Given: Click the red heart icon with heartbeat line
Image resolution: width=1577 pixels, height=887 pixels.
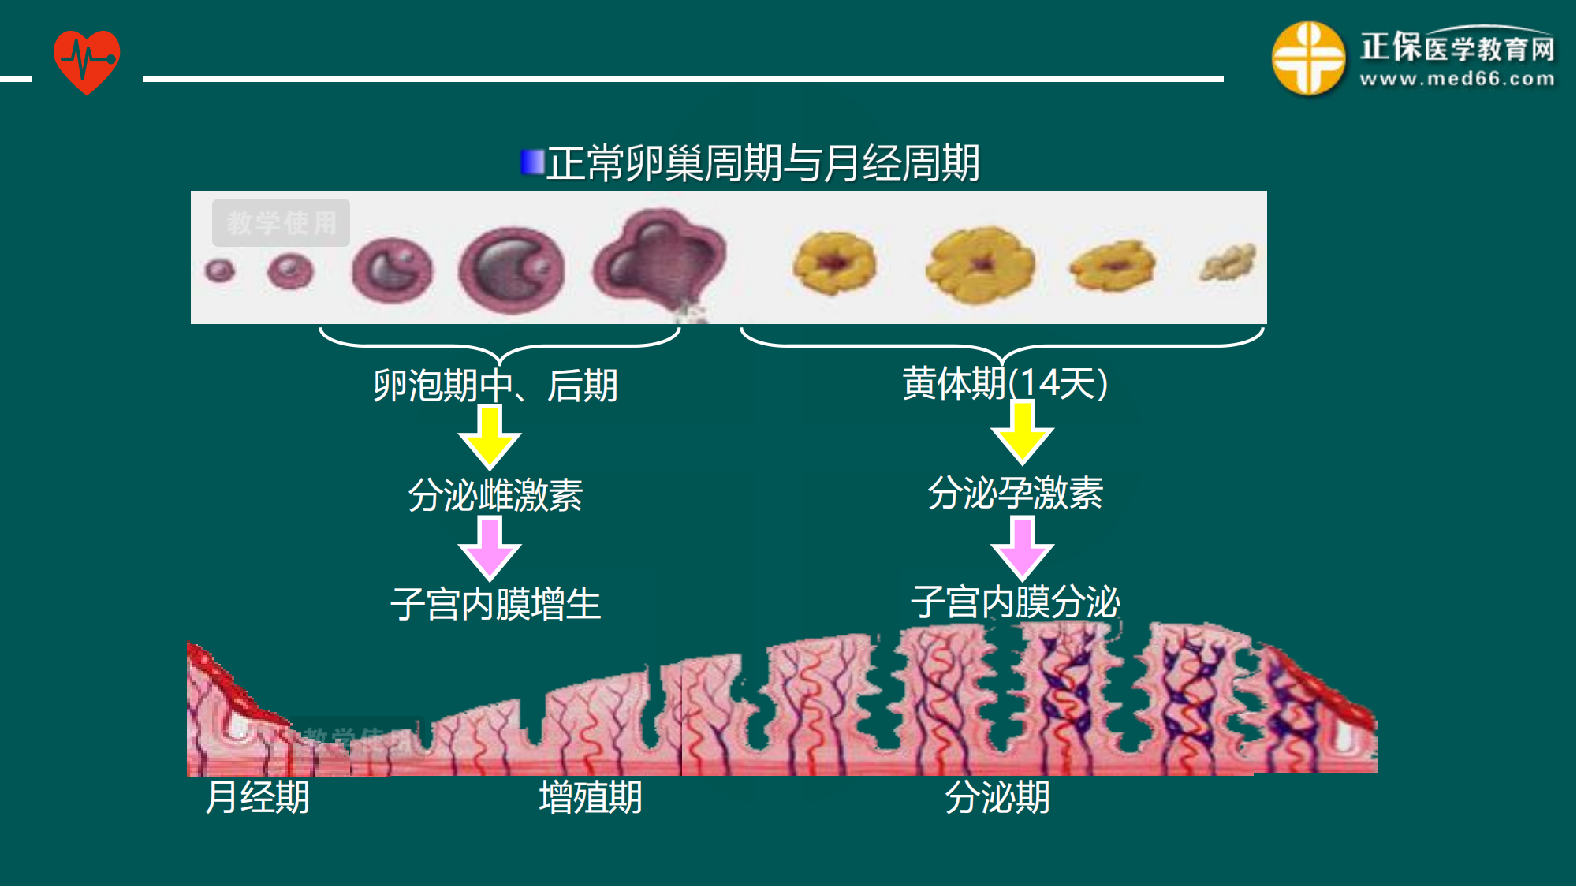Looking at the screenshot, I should [87, 61].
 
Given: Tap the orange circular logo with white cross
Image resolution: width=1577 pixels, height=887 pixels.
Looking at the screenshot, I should [1308, 58].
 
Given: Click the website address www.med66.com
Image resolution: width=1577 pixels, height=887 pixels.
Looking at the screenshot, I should [1457, 79].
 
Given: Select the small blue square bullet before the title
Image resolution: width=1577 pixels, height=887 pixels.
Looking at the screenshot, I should [532, 162].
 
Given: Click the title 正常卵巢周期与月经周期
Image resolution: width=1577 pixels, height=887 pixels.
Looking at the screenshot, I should [762, 163].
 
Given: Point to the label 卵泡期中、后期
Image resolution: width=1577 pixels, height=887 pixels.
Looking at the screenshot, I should [495, 386].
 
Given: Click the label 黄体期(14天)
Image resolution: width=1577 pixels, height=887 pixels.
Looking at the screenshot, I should [1005, 383].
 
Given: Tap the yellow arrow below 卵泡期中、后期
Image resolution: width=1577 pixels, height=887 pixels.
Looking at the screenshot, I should [490, 438].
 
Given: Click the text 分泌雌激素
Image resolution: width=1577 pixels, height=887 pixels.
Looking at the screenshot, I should [495, 495].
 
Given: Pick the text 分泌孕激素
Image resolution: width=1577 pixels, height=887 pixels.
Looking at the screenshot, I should [1015, 493].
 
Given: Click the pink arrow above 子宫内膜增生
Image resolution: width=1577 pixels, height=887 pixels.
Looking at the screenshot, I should [490, 548].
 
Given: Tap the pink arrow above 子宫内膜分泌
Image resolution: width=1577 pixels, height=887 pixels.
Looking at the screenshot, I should [1023, 548].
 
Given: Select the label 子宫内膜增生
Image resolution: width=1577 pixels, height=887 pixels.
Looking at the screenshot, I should [495, 604].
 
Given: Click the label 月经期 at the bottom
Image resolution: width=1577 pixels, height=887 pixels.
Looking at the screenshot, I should [257, 796].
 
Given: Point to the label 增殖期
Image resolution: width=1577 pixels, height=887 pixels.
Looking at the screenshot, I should [590, 796].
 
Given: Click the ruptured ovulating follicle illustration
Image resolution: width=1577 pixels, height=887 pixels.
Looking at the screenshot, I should [661, 260].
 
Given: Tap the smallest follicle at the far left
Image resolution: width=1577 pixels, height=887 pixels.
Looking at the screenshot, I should [219, 270].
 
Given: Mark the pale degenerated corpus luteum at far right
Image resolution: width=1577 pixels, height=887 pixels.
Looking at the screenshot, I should [1227, 263].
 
